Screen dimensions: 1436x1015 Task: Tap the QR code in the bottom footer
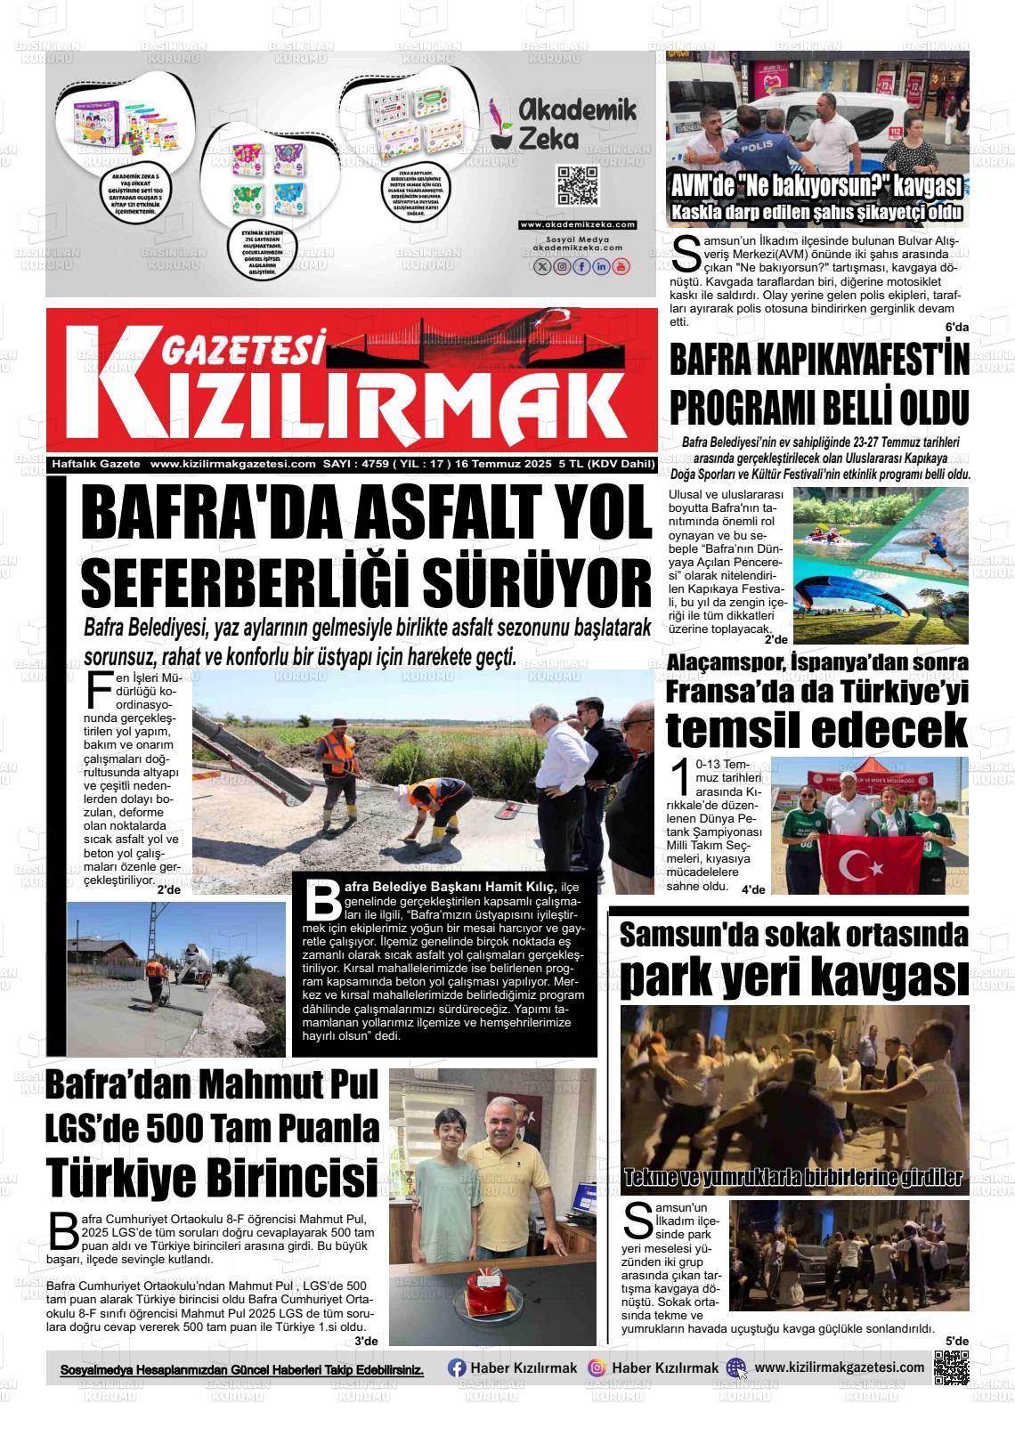(x=951, y=1367)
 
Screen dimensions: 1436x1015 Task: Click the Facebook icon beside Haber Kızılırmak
(x=457, y=1367)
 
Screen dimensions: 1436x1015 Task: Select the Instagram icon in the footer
(x=597, y=1367)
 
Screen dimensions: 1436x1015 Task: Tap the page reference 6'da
(x=956, y=328)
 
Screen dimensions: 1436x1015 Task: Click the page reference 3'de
(x=366, y=1341)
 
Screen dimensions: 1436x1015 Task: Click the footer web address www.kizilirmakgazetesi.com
(x=839, y=1367)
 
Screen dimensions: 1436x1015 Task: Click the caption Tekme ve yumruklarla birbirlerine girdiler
(x=793, y=1177)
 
